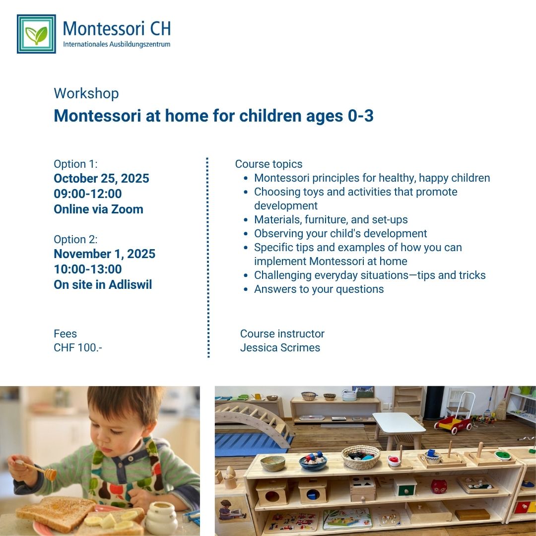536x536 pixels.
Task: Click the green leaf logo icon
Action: pyautogui.click(x=36, y=34)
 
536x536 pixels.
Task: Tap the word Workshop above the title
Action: pyautogui.click(x=86, y=93)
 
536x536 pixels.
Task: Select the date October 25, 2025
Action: pyautogui.click(x=102, y=178)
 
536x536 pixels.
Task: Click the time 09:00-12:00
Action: pyautogui.click(x=87, y=194)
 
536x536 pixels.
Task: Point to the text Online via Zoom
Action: pyautogui.click(x=98, y=209)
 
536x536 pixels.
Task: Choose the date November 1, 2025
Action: pyautogui.click(x=105, y=254)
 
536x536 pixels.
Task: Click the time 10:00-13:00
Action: pyautogui.click(x=87, y=269)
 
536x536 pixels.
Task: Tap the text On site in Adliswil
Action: pyautogui.click(x=103, y=284)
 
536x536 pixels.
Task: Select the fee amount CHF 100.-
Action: pyautogui.click(x=78, y=347)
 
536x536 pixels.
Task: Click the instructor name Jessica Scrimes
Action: pyautogui.click(x=280, y=347)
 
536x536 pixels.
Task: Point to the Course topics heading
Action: pyautogui.click(x=268, y=164)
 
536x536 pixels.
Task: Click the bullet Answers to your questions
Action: pyautogui.click(x=319, y=289)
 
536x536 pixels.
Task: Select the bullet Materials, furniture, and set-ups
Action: pyautogui.click(x=331, y=219)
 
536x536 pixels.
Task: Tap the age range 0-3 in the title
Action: pyautogui.click(x=361, y=116)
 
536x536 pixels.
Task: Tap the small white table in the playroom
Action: pyautogui.click(x=398, y=429)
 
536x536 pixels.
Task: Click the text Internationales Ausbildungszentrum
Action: pyautogui.click(x=117, y=45)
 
